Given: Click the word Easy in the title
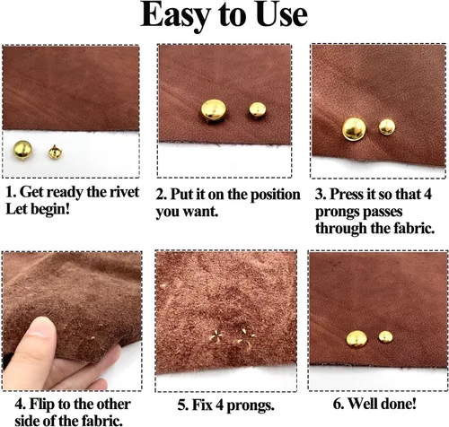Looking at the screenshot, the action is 174,16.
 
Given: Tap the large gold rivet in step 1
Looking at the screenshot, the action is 22,150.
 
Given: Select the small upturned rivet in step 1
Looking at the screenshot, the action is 55,152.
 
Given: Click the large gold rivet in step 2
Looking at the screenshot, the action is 214,111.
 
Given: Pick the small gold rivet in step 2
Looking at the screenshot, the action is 257,111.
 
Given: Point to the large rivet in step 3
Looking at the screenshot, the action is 354,128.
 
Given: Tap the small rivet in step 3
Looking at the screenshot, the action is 387,126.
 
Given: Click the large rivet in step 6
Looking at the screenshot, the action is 357,339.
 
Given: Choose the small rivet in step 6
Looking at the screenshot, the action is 385,336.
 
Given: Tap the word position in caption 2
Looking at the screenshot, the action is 275,195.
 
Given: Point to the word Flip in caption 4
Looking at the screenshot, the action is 42,405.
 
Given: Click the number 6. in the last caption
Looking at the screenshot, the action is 339,404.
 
